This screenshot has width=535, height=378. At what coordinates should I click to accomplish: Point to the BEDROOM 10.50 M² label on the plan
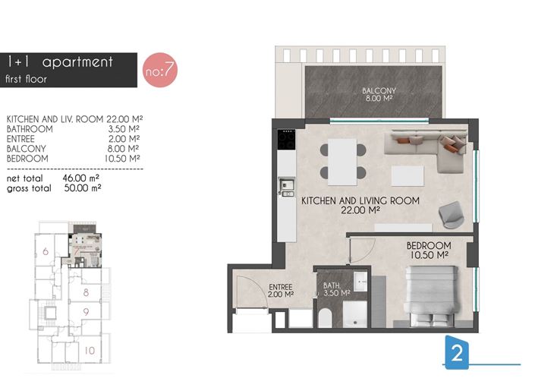coord(429,250)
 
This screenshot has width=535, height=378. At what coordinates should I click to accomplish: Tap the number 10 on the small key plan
coord(89,351)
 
